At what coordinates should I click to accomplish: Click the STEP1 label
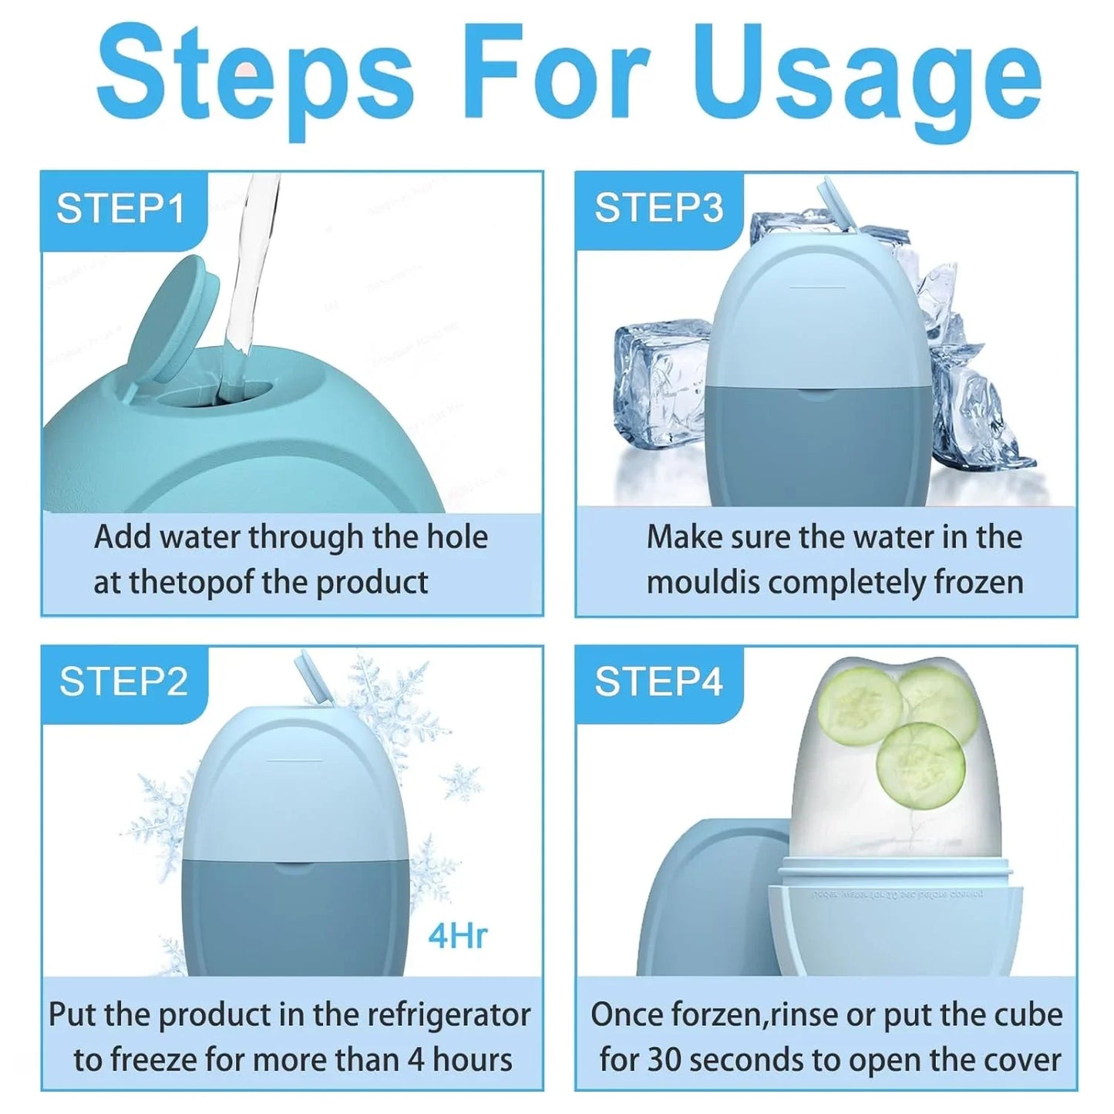121,209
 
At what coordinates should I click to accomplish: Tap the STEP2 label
123,682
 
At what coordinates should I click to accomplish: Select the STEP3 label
658,209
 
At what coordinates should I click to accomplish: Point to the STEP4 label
658,682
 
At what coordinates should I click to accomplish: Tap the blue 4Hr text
458,936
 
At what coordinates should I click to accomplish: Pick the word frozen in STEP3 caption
978,582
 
